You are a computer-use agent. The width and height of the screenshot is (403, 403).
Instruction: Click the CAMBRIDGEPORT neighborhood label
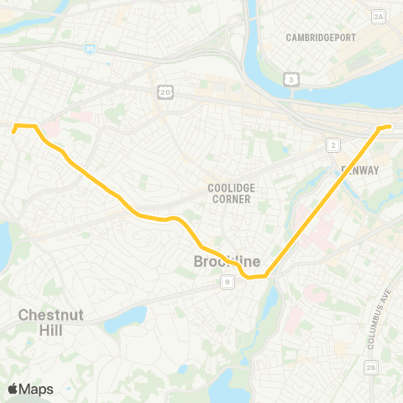pos(321,38)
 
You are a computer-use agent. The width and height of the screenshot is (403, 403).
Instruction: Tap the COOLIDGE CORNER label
pos(231,192)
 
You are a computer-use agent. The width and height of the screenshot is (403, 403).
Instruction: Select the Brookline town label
pos(227,263)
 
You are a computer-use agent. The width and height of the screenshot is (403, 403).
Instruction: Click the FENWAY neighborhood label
pos(360,170)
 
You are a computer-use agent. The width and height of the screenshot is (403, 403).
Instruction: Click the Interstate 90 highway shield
pos(89,50)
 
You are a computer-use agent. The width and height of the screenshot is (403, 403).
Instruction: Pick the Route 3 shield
pos(291,79)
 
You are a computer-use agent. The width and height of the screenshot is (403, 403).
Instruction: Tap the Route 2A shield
pos(378,16)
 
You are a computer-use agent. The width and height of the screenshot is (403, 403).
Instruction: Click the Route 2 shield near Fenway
pos(333,145)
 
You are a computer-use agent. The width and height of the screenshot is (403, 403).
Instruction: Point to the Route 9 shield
pos(228,283)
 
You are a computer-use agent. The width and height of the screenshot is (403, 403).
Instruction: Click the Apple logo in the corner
pos(13,389)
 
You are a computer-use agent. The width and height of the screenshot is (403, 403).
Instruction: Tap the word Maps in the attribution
pos(36,389)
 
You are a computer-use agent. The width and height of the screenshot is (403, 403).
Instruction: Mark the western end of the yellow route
pos(13,131)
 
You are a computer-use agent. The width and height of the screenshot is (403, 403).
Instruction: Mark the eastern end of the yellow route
pos(390,127)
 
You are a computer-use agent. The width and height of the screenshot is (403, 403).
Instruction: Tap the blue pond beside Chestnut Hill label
pos(130,317)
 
